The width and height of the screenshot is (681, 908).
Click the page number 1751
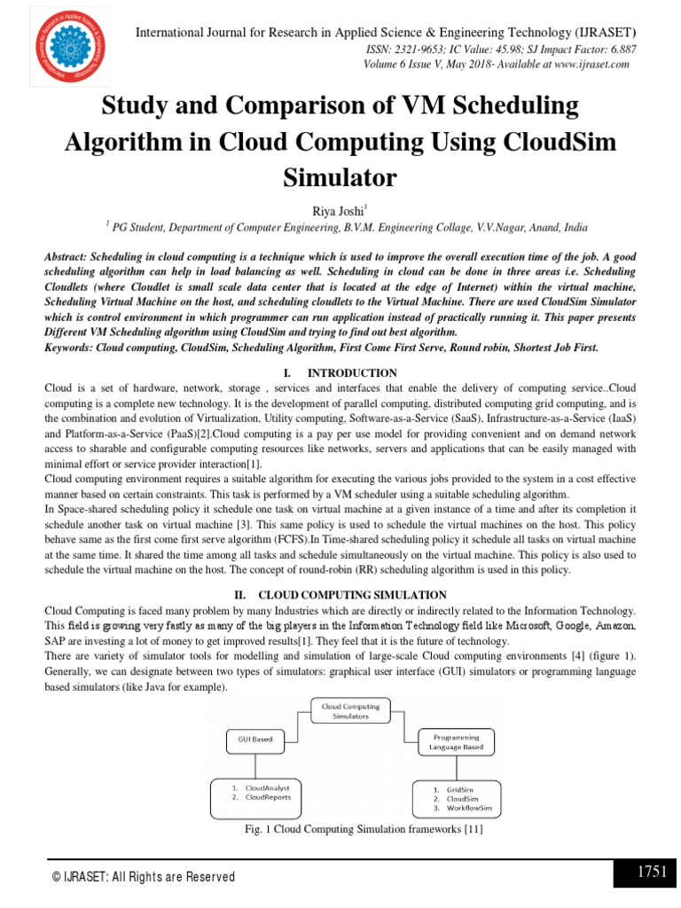pos(652,872)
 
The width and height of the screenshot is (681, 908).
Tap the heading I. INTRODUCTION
pos(340,373)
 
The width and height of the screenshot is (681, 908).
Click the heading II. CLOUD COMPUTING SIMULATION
pos(340,594)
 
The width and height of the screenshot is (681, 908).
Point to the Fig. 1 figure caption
pos(353,830)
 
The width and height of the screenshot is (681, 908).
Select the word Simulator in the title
pos(340,177)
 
